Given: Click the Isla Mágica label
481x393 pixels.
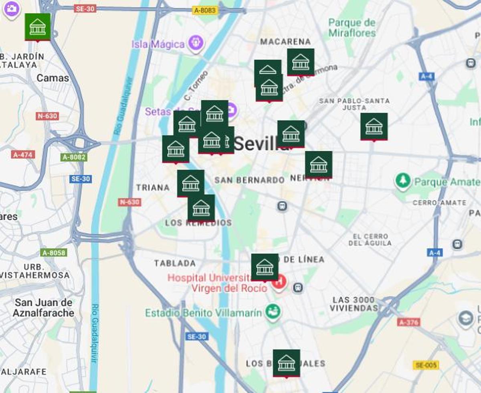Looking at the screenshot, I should tap(158, 44).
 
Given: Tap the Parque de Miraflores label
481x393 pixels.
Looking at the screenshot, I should tap(352, 27).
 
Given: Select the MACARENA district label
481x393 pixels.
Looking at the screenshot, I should tap(285, 42).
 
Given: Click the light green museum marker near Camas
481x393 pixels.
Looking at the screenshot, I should tap(38, 27).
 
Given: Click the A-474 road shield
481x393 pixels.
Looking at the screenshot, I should tap(23, 154).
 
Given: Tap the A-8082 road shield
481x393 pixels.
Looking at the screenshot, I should tap(74, 157).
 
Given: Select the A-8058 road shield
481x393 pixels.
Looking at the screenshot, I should tap(54, 253).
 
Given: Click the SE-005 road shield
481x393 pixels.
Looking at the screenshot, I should tap(426, 365).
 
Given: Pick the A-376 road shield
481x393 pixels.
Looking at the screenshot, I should tap(409, 322).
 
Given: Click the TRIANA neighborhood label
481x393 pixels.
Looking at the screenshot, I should tap(153, 187).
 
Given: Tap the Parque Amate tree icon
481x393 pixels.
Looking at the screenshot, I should tap(402, 181).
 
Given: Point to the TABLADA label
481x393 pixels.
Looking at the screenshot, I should tap(175, 263).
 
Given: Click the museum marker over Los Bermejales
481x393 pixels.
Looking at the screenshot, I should tap(286, 363).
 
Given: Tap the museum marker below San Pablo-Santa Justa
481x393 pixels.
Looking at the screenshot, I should tap(374, 126).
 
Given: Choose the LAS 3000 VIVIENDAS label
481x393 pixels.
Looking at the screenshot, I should tap(354, 304).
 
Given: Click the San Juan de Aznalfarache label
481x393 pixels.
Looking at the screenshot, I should tap(43, 308).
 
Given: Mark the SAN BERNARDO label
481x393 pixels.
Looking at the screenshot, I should tap(249, 180).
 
